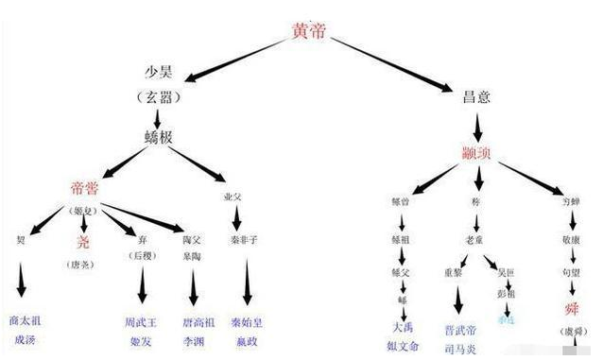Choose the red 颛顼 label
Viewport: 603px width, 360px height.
(x=479, y=154)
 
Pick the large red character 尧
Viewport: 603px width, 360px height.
(x=85, y=242)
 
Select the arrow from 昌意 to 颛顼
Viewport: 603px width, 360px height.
(x=479, y=126)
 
